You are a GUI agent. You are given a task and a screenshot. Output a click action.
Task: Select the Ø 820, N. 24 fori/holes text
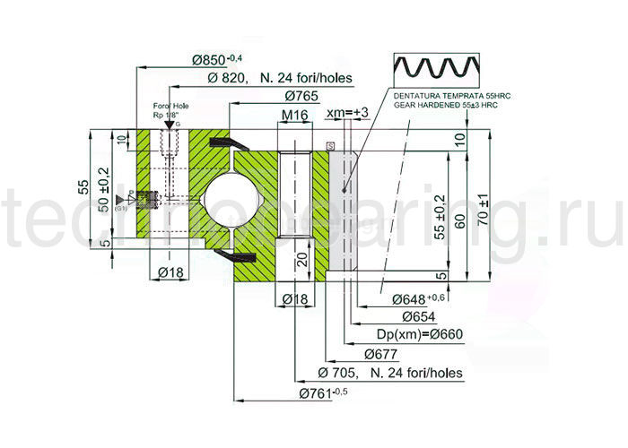click(281, 77)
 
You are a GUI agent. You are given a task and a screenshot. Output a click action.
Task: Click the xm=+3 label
click(347, 112)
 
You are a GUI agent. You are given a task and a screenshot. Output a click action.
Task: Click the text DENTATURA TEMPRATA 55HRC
click(444, 94)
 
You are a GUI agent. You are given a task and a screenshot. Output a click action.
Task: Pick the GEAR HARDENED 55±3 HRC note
click(445, 105)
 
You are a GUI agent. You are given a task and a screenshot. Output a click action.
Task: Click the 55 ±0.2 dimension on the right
click(440, 215)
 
